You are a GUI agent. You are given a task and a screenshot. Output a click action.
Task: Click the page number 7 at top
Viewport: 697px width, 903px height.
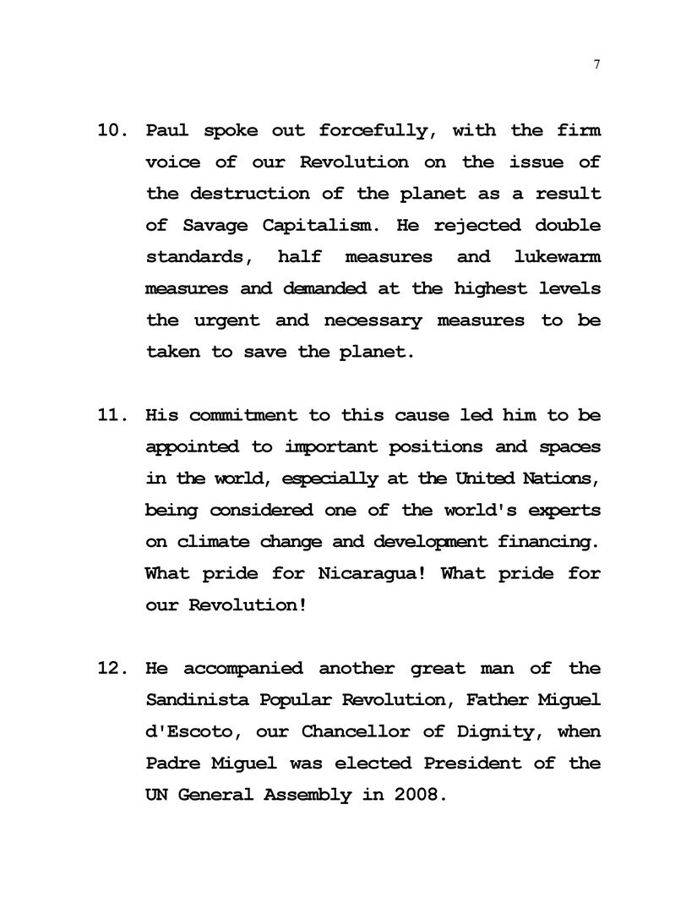point(596,66)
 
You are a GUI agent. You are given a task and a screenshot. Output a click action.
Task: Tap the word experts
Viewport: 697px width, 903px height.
point(564,510)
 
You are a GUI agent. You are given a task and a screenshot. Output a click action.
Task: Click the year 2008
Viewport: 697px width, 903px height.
point(416,795)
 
